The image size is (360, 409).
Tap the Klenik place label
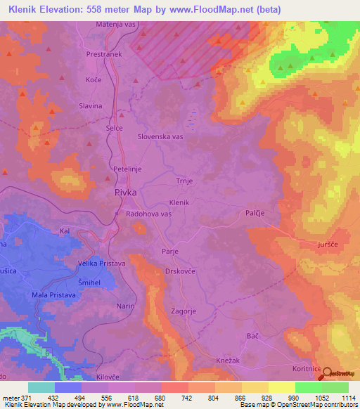coord(180,202)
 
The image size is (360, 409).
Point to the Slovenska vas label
coord(160,137)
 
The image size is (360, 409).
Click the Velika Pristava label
coord(102,264)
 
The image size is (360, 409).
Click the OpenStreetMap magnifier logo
coord(328,374)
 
